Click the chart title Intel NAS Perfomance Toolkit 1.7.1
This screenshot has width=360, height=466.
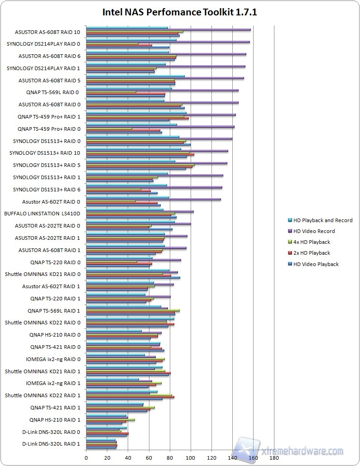[180, 12]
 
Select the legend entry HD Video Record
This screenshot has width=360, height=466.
[313, 231]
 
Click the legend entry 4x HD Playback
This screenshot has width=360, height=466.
[312, 242]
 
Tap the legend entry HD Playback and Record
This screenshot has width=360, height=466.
[322, 220]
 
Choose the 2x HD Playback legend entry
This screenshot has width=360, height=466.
[312, 253]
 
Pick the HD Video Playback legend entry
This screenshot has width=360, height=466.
[316, 264]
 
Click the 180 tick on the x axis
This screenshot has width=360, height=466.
[274, 458]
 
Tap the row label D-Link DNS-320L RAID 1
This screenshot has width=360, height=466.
[51, 444]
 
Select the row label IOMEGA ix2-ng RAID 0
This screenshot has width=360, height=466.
[53, 359]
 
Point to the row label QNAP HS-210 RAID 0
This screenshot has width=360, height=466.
[55, 335]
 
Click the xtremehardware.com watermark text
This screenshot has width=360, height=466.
[303, 451]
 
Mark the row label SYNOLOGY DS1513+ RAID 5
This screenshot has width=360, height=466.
[46, 165]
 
